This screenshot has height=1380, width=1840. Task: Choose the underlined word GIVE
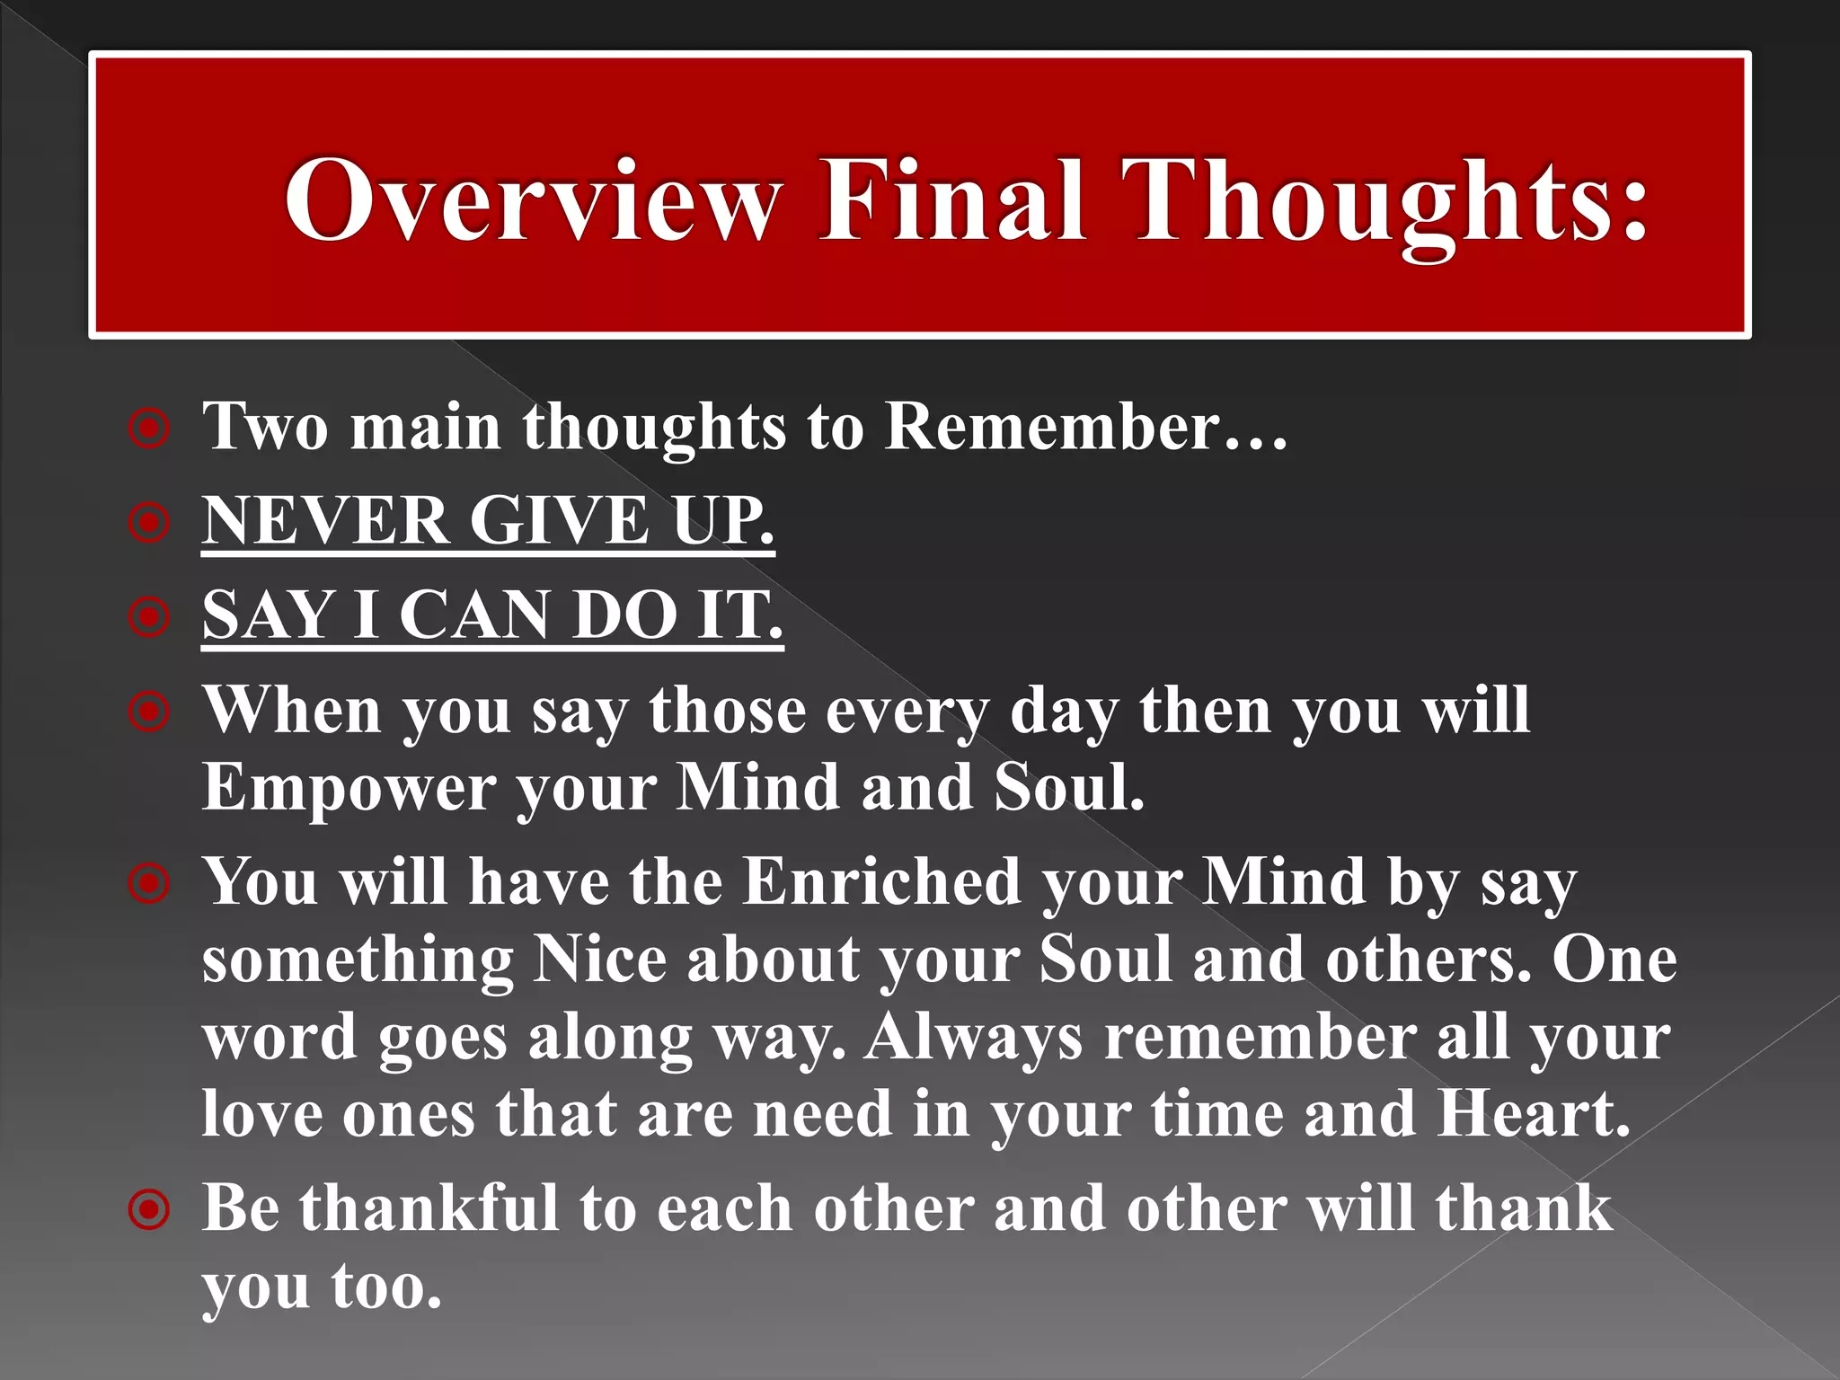pos(559,520)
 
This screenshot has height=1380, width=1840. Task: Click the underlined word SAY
pos(268,615)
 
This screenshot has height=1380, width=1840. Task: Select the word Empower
pos(349,788)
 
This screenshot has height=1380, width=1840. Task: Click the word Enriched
pos(881,881)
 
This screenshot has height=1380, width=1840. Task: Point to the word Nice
pos(599,959)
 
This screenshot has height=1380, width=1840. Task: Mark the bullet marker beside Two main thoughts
pos(149,429)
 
